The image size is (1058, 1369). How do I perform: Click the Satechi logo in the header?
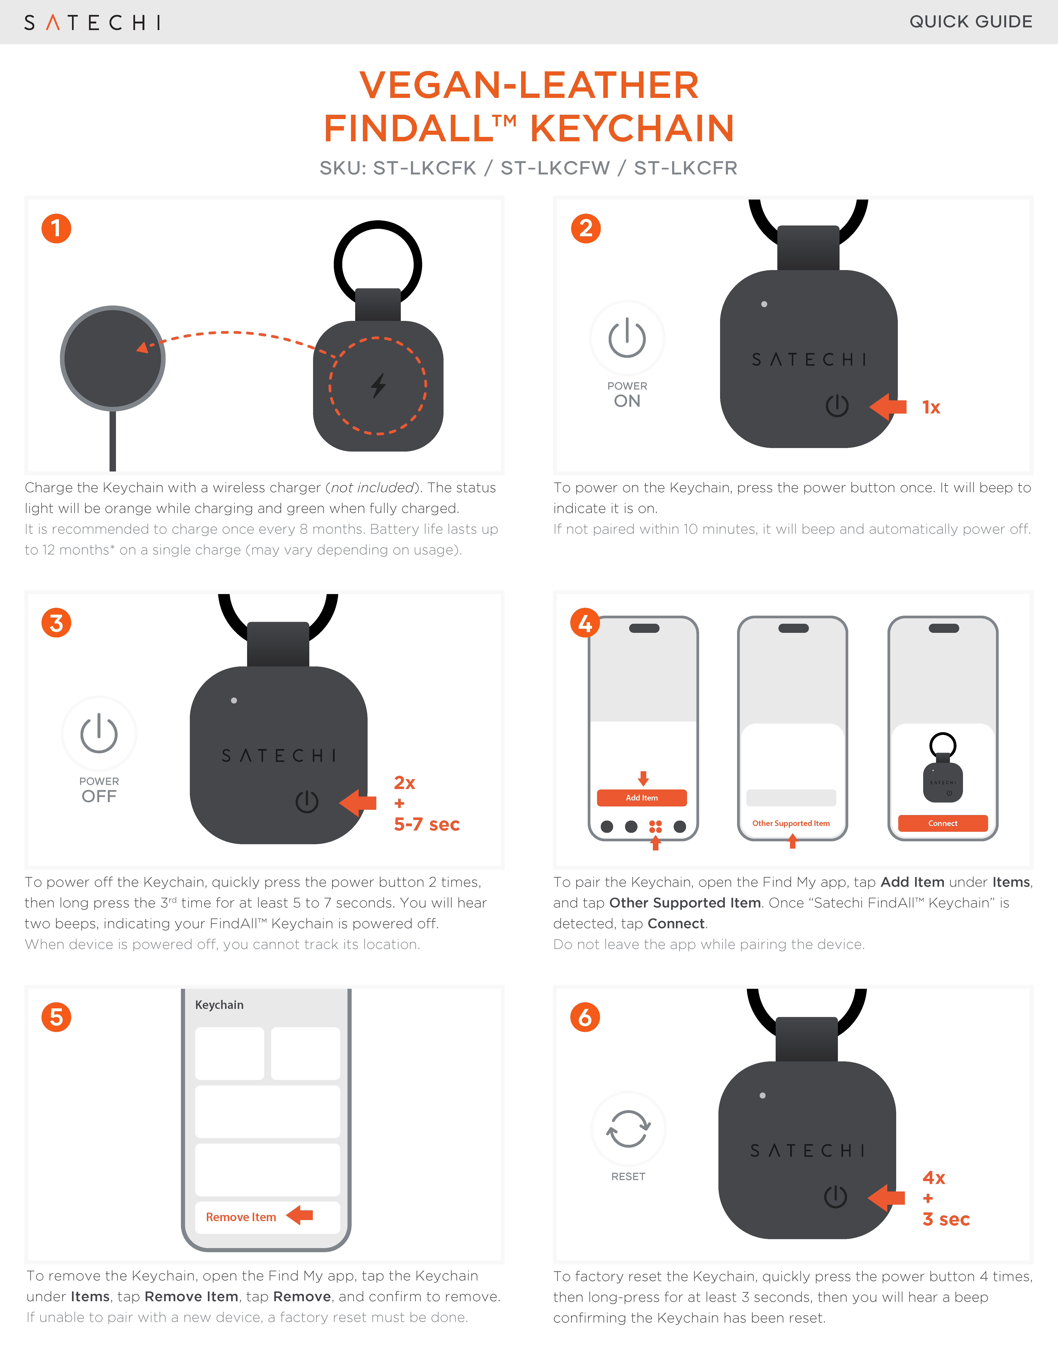[92, 23]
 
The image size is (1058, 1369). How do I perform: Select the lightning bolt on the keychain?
[378, 386]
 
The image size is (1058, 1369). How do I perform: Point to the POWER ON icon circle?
[627, 339]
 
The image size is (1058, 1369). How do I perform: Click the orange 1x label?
[931, 407]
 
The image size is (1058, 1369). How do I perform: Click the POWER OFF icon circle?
[99, 733]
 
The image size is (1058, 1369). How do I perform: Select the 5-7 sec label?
[427, 824]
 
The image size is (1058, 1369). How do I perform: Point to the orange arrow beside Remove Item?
[300, 1216]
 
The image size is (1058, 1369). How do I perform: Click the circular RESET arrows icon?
[628, 1129]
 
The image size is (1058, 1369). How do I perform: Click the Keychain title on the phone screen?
[219, 1005]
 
